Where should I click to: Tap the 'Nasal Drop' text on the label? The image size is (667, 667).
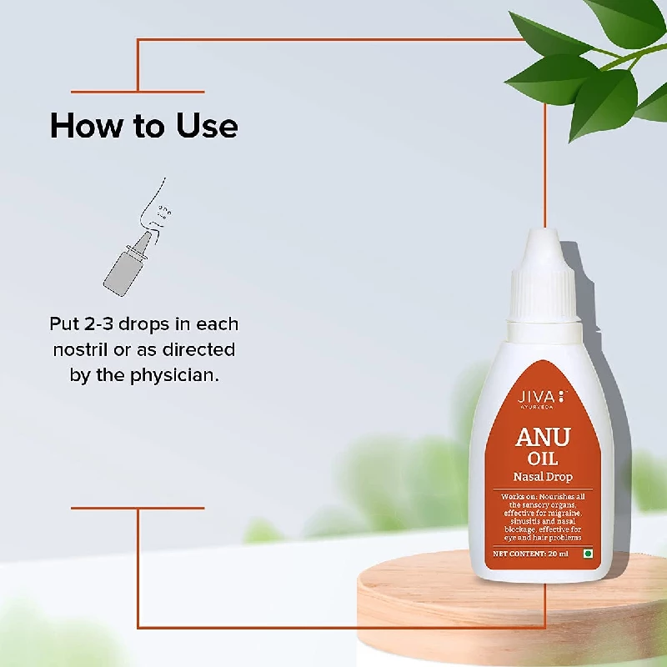pyautogui.click(x=542, y=478)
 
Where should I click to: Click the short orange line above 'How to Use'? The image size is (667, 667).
pyautogui.click(x=138, y=92)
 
